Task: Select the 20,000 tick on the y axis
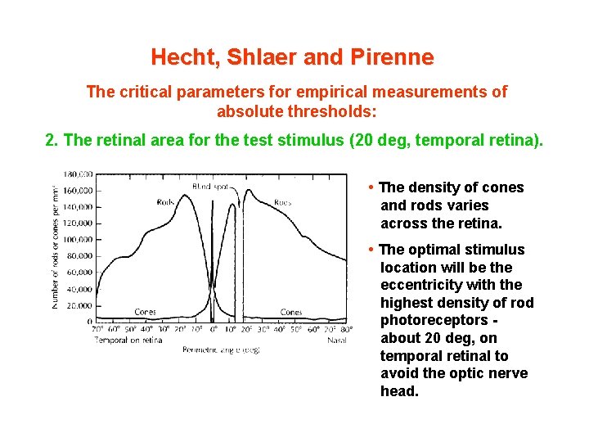(79, 304)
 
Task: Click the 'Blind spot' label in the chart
(211, 187)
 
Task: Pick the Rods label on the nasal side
(283, 201)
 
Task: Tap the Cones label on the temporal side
(146, 312)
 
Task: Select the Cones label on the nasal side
(291, 312)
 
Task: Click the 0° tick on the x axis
(213, 329)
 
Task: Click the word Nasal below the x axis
(337, 340)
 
